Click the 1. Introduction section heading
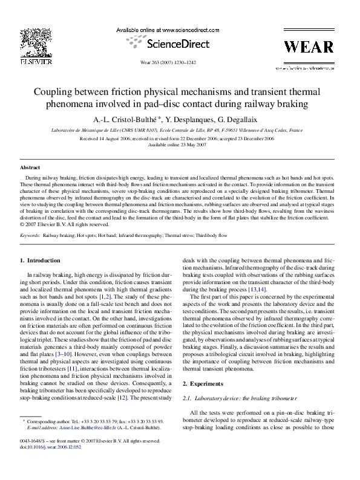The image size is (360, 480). click(41, 260)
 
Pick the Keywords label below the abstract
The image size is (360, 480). click(30, 234)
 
